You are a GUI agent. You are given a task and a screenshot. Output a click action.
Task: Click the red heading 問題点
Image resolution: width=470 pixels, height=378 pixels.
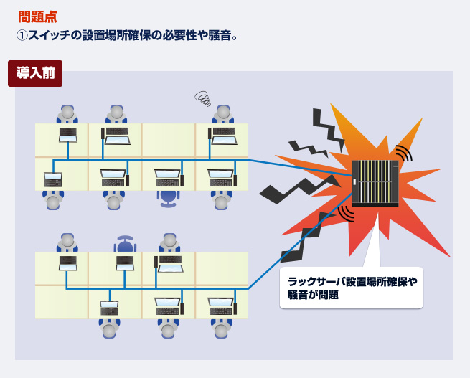tap(37, 16)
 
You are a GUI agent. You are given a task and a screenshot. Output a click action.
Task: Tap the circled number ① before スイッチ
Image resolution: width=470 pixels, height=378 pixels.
tap(22, 34)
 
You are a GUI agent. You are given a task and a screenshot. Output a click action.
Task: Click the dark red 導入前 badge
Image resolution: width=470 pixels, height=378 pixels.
tap(34, 73)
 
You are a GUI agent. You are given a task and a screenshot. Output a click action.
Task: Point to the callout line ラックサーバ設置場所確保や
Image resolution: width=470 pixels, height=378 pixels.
tap(352, 281)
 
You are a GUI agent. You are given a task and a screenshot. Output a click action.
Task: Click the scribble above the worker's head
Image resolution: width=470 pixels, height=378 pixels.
tap(205, 97)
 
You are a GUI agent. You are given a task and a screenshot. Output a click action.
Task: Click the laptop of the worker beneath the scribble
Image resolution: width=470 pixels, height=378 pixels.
tap(223, 135)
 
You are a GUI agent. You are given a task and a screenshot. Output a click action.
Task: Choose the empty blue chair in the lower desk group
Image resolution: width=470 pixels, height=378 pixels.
tap(125, 244)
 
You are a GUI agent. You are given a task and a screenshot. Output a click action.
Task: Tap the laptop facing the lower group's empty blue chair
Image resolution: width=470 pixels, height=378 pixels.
tap(125, 263)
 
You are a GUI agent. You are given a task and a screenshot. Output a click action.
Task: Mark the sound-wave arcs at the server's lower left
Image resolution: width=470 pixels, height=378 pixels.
tap(346, 212)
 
